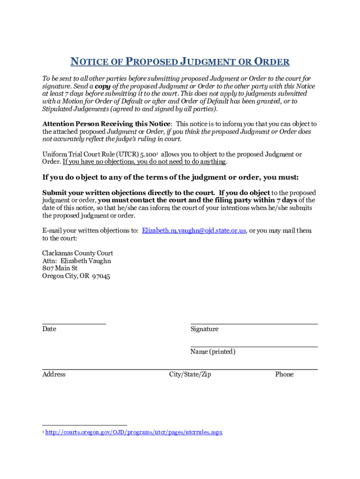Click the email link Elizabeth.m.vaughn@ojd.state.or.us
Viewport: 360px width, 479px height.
[194, 231]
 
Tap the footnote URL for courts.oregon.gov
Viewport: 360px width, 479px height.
[134, 432]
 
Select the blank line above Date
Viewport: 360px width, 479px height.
[74, 323]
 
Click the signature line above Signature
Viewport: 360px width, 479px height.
[254, 323]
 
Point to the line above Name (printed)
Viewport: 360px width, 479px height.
[254, 346]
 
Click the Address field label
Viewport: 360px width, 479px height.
[54, 374]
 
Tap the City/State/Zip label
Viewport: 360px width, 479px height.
[190, 374]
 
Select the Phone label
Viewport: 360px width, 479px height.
[284, 374]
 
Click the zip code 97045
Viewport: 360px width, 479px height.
[101, 276]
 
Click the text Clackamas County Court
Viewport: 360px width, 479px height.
[78, 254]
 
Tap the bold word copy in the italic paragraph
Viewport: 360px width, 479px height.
[103, 87]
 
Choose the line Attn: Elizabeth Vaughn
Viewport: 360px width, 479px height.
[77, 261]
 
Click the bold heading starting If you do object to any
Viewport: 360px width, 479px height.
[170, 177]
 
